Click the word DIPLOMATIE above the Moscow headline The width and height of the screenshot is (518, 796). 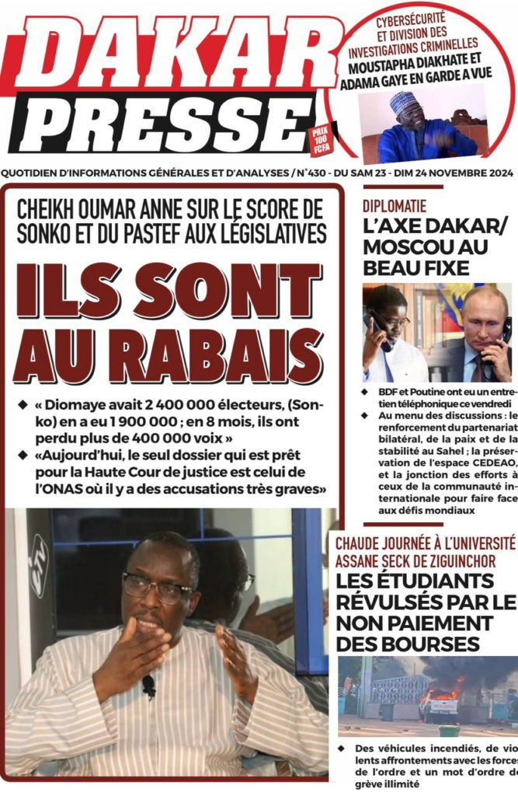point(394,206)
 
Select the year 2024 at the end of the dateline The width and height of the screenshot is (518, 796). point(497,173)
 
